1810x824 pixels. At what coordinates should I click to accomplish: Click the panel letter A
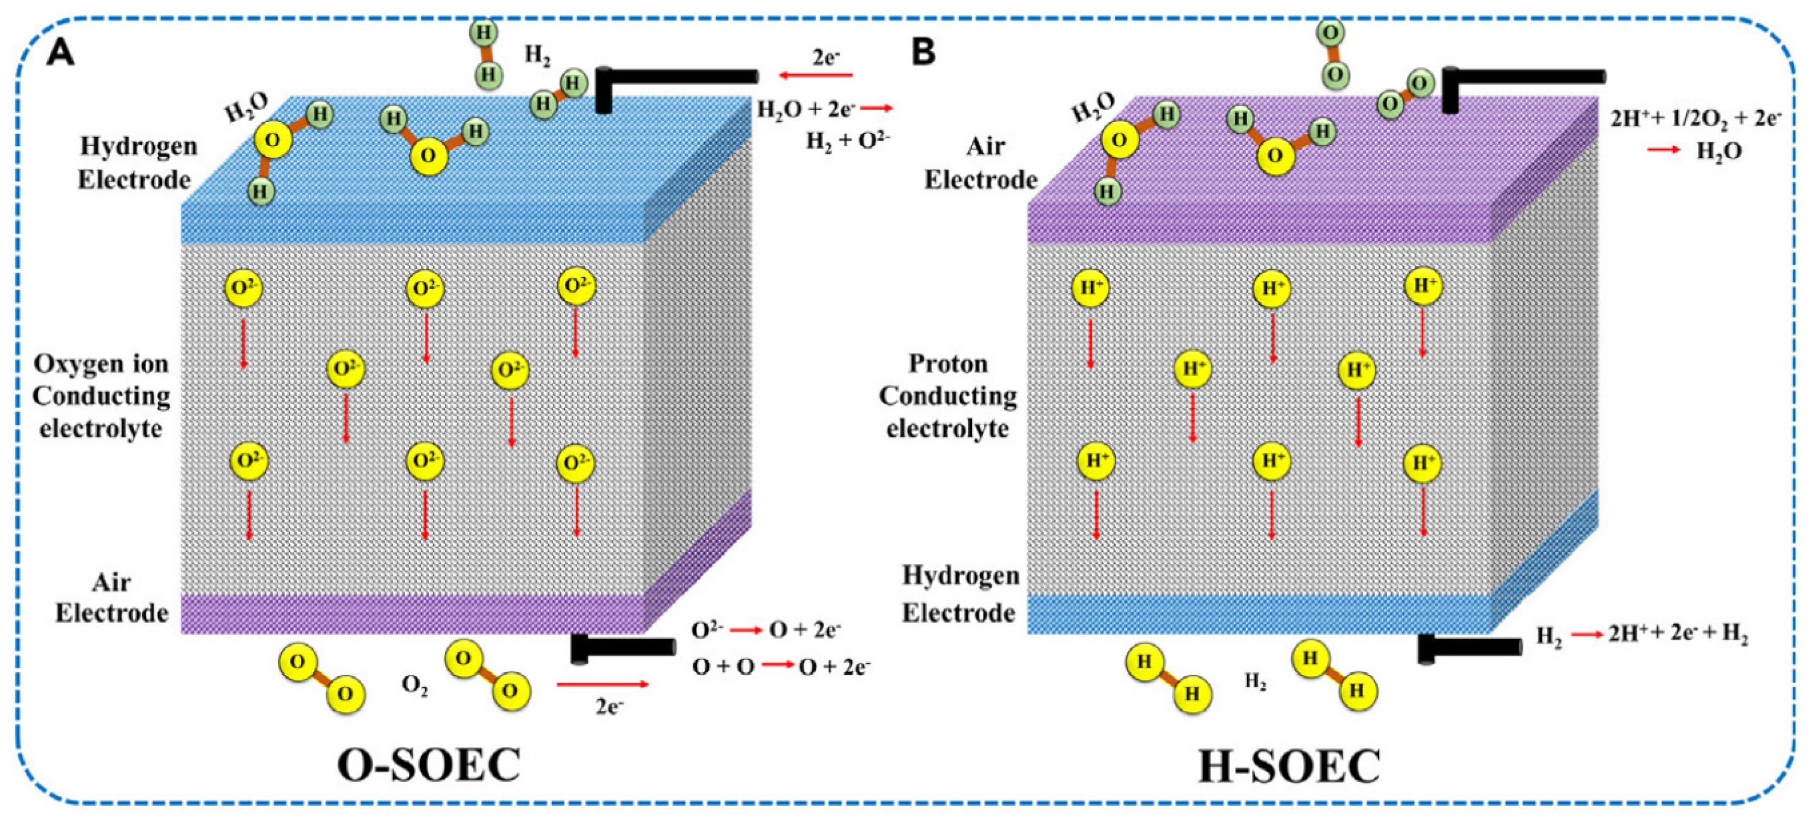click(x=60, y=53)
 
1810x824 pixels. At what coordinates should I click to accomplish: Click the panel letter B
click(x=923, y=53)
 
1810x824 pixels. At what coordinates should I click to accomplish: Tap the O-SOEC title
click(x=428, y=766)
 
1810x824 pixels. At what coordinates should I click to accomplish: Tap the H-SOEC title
click(x=1289, y=766)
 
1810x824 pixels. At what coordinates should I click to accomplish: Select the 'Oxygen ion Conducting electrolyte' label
click(x=101, y=396)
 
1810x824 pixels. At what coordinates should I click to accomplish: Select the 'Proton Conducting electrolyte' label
click(x=948, y=396)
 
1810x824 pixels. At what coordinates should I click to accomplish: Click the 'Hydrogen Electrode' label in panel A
click(x=137, y=163)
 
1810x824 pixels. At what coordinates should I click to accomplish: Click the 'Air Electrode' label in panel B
click(x=981, y=163)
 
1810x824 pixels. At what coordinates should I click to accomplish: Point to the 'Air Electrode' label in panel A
click(x=112, y=598)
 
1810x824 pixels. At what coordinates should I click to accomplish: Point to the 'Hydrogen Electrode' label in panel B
click(x=960, y=594)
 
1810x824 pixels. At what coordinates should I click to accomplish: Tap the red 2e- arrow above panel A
click(x=815, y=75)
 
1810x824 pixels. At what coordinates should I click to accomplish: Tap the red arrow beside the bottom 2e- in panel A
click(x=602, y=684)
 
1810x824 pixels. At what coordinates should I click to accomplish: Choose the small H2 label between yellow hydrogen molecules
click(x=1256, y=680)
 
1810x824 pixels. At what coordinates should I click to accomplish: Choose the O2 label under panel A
click(x=415, y=685)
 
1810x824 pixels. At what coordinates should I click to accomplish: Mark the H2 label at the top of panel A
click(x=538, y=56)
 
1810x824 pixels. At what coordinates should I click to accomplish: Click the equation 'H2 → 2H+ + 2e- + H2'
click(x=1641, y=635)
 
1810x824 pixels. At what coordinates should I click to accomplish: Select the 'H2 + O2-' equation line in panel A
click(x=847, y=140)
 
